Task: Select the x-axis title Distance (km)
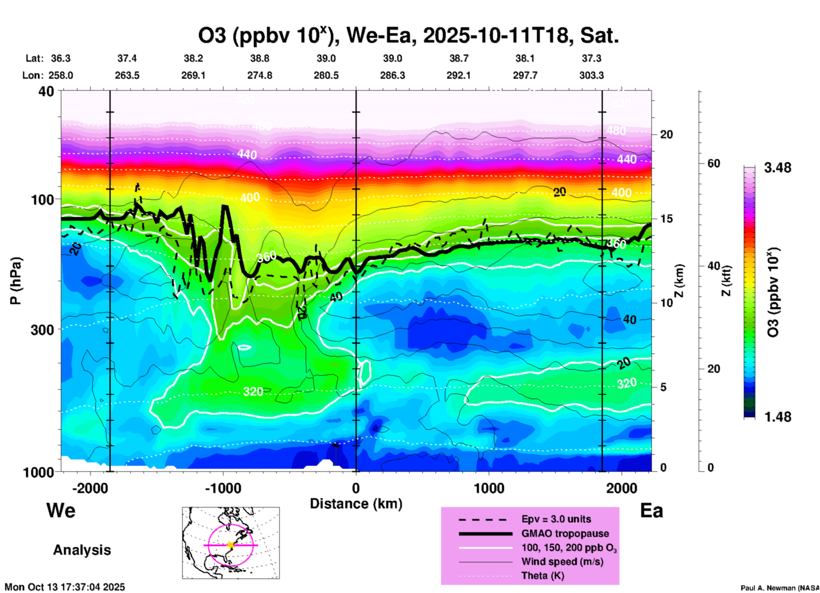click(x=356, y=504)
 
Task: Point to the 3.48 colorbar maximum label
click(x=777, y=168)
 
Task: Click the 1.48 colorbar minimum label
click(x=777, y=416)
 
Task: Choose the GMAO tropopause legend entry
click(x=565, y=533)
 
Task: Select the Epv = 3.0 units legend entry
click(x=556, y=519)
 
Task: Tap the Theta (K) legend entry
click(x=542, y=576)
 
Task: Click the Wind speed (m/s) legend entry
click(x=562, y=562)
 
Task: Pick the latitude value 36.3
click(x=61, y=58)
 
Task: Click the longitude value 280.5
click(x=326, y=75)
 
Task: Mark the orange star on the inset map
click(x=231, y=545)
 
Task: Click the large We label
click(x=61, y=510)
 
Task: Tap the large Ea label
click(x=651, y=511)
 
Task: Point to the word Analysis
click(x=82, y=550)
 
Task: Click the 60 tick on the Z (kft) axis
click(x=714, y=163)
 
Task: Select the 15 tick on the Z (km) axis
click(x=666, y=219)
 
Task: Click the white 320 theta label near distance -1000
click(x=253, y=391)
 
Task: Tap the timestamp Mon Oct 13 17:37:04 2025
click(x=65, y=587)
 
